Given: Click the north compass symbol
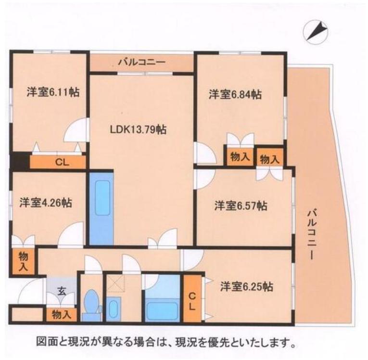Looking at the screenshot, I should click(315, 32).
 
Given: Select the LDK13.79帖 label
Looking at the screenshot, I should click(138, 129).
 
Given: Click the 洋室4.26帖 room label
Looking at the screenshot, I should click(46, 203).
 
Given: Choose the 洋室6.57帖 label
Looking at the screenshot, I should click(241, 206).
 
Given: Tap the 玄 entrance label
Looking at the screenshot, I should click(63, 290).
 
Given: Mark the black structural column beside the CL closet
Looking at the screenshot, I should click(19, 160).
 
